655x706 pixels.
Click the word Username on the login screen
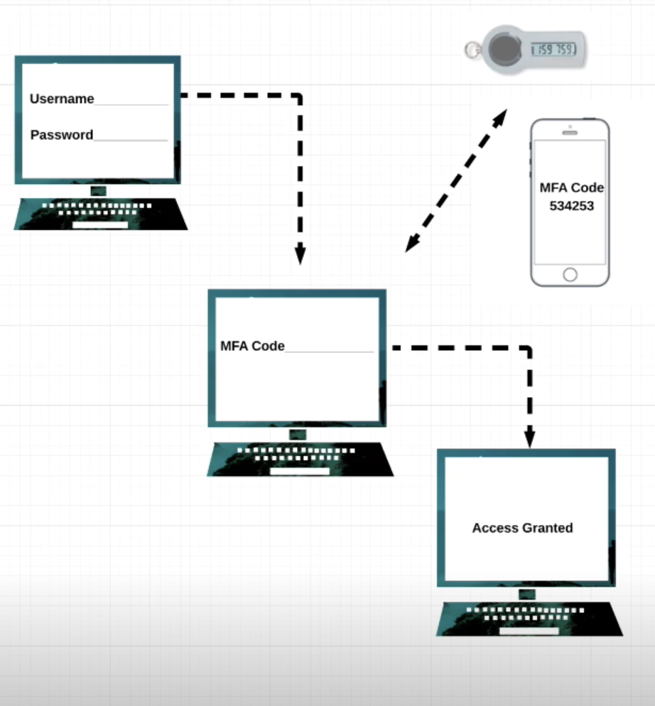(x=62, y=99)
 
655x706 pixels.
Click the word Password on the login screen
(x=62, y=135)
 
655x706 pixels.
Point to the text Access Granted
(x=522, y=528)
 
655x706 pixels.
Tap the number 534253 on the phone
(x=572, y=206)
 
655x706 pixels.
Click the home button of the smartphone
(x=570, y=274)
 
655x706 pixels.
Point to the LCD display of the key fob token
(x=556, y=50)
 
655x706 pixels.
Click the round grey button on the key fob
(x=505, y=49)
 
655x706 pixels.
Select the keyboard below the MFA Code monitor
(x=300, y=460)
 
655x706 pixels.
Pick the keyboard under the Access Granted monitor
(x=529, y=619)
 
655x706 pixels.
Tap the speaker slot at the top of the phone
(x=570, y=133)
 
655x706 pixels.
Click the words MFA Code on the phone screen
(x=571, y=188)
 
